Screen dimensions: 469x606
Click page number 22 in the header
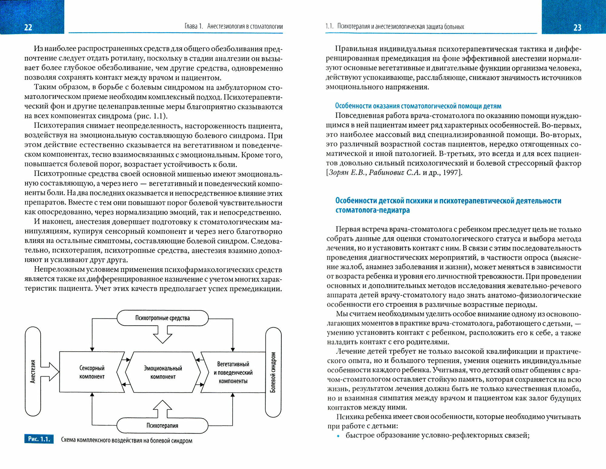[28, 28]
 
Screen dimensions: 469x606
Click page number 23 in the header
[577, 28]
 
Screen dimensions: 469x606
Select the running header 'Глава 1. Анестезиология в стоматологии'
[234, 26]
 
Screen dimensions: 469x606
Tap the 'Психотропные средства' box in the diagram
[162, 318]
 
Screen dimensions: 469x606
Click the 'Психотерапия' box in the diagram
[162, 426]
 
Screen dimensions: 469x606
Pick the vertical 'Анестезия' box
[33, 371]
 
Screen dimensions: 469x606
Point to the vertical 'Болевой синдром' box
[273, 372]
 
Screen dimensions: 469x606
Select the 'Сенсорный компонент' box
[92, 372]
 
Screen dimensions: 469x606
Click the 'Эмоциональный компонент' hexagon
[163, 372]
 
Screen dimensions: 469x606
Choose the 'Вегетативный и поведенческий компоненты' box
[233, 372]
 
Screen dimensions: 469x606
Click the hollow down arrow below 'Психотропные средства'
[163, 335]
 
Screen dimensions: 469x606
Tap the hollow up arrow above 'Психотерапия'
[163, 409]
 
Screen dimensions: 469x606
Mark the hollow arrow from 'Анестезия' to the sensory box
[50, 371]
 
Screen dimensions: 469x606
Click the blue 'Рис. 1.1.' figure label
[39, 439]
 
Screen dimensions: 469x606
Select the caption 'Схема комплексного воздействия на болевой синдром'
[127, 441]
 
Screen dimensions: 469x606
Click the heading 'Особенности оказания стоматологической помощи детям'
[418, 106]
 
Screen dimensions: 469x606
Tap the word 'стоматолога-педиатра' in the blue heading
[372, 210]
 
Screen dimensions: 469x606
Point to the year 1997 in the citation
[451, 173]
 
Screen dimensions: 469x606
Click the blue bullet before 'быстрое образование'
[338, 436]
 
